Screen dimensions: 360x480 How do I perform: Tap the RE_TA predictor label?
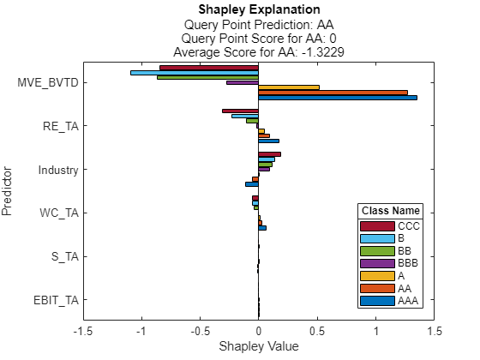pos(60,126)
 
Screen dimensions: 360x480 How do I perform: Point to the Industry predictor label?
pos(58,170)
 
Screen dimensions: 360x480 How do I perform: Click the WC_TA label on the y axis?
pos(59,213)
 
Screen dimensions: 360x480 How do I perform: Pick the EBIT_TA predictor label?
pos(55,300)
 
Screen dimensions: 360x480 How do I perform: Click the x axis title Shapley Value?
pos(258,346)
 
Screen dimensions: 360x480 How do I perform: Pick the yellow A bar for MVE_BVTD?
pos(289,87)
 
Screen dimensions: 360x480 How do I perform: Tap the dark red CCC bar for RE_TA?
pos(240,111)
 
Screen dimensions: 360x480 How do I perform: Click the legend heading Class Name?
pos(390,211)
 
